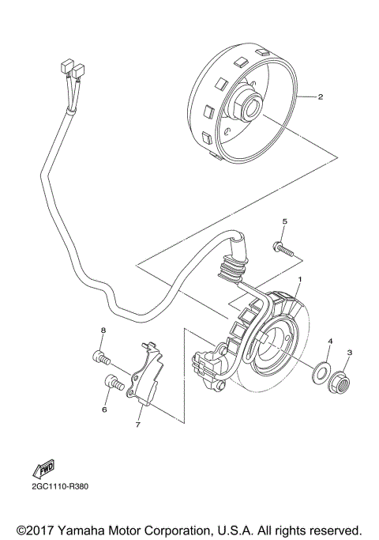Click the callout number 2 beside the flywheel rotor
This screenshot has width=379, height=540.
pos(321,98)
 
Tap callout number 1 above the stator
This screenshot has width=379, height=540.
pos(300,280)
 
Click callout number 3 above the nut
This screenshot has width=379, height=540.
pos(350,353)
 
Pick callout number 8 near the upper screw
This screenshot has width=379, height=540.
pos(103,330)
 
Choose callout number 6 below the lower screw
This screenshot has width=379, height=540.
pos(103,410)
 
